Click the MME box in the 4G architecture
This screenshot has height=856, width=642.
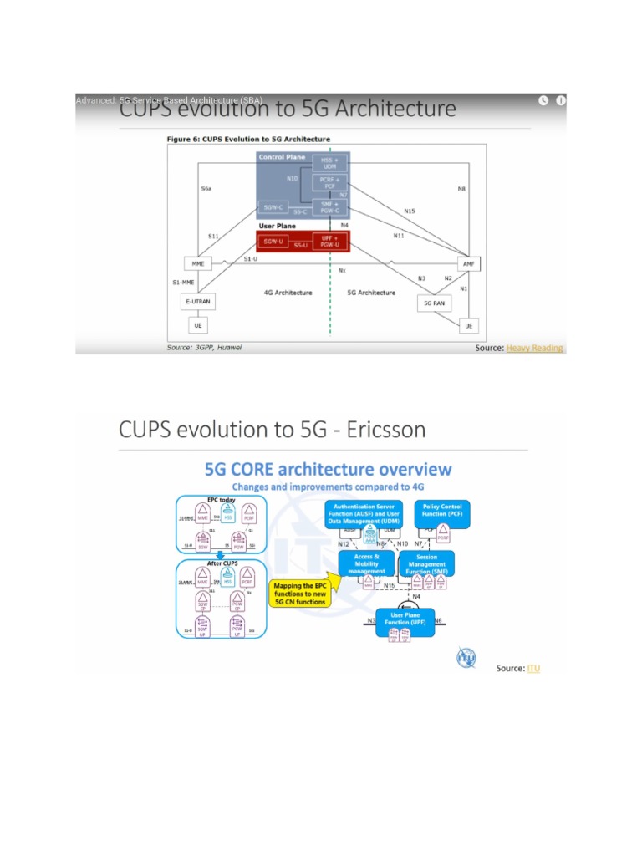click(198, 264)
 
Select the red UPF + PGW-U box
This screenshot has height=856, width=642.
click(329, 243)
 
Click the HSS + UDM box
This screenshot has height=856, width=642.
click(329, 163)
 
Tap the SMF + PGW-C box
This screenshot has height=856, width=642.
click(329, 207)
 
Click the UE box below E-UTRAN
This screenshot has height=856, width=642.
click(198, 324)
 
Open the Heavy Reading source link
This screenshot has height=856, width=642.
click(534, 348)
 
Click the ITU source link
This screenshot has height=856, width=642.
click(533, 668)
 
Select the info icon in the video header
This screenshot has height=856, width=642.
click(561, 100)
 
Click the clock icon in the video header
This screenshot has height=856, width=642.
click(543, 100)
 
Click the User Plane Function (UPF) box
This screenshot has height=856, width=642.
click(405, 619)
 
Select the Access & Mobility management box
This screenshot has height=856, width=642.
click(366, 564)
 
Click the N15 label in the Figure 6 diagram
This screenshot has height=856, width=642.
click(409, 211)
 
